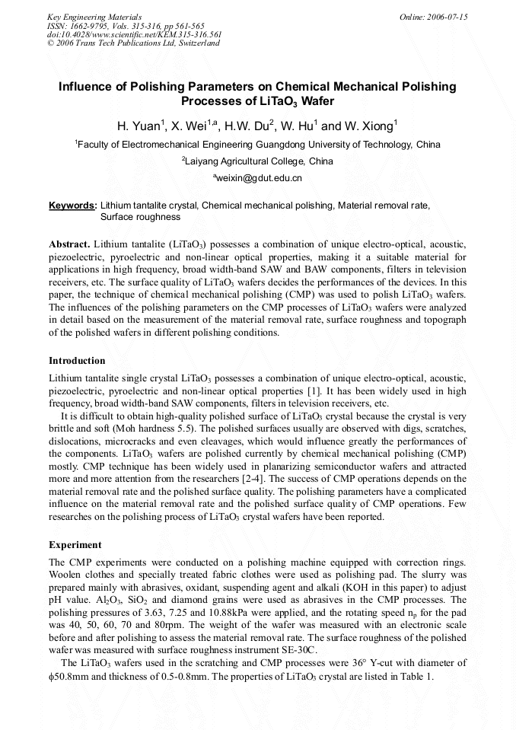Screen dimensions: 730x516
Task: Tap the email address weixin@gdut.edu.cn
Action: [x=259, y=178]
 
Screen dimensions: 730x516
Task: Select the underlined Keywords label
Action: [x=72, y=206]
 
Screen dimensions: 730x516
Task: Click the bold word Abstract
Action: [x=69, y=244]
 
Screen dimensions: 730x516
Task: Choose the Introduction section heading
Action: [x=77, y=360]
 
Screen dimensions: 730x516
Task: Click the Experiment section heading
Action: [x=75, y=545]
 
